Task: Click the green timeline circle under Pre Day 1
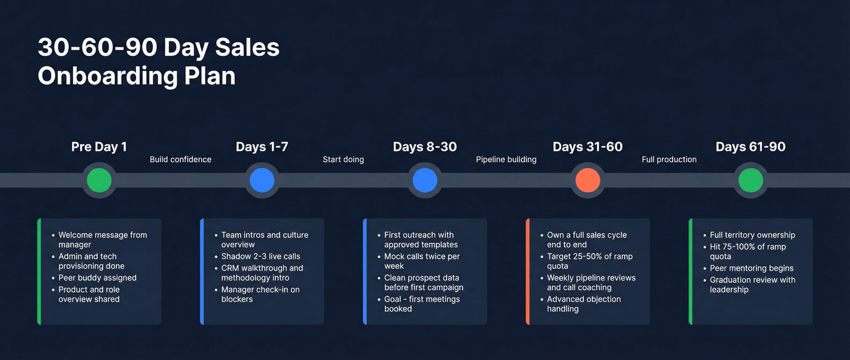point(99,180)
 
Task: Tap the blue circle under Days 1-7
point(262,180)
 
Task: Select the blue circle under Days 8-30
point(425,180)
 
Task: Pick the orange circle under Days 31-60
point(588,180)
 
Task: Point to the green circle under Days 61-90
point(750,180)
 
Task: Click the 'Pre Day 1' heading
point(99,147)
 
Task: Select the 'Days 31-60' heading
point(588,147)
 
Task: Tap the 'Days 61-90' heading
point(750,147)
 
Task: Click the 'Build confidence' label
point(180,160)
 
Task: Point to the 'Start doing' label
point(343,160)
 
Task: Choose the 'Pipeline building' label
point(506,160)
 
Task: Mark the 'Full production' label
point(669,160)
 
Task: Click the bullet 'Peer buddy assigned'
point(97,278)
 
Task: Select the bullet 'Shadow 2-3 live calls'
point(260,256)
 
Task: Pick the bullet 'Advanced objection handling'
point(583,304)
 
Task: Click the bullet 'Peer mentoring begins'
point(751,268)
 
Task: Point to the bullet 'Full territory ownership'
point(752,235)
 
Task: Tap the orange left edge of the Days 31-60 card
point(528,271)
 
